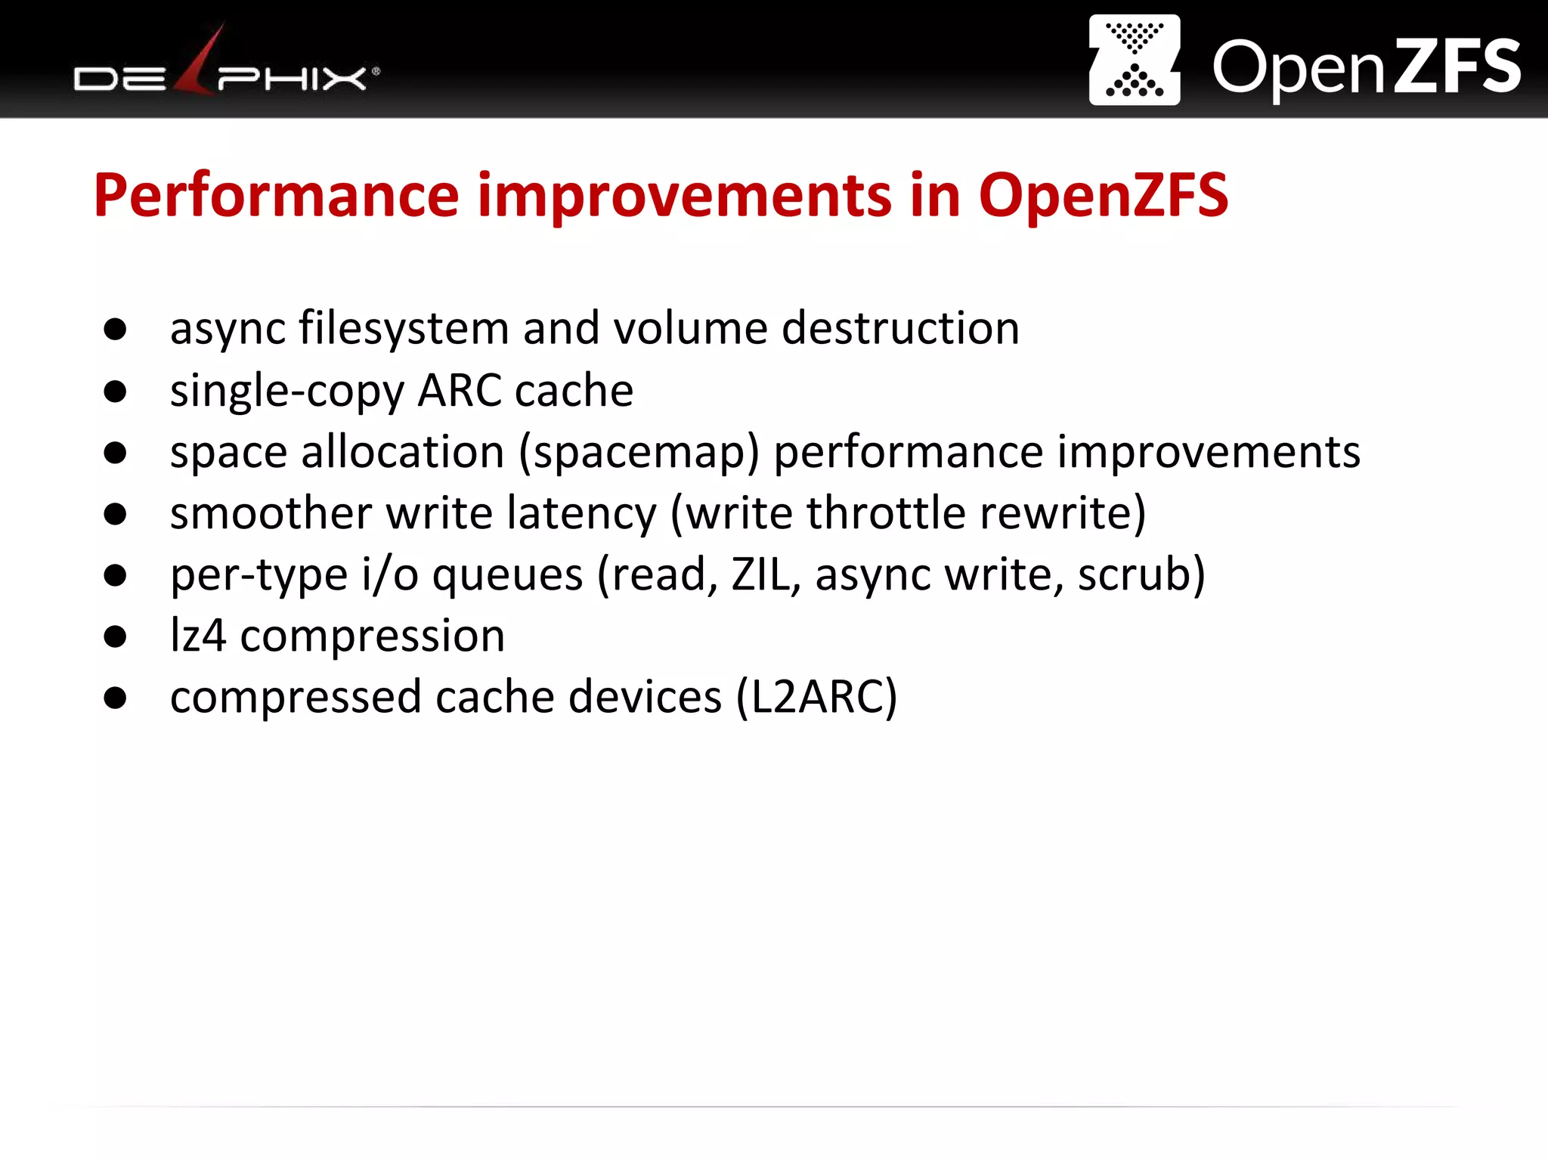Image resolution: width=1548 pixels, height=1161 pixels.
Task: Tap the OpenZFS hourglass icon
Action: (1134, 60)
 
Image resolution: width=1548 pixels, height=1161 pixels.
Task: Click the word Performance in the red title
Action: (276, 196)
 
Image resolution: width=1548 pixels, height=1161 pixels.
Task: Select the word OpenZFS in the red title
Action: (1103, 196)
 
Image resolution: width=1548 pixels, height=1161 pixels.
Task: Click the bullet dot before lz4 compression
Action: (115, 636)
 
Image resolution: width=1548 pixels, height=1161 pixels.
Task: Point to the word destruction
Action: (900, 329)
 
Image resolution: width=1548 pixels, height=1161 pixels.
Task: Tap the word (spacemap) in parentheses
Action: (639, 453)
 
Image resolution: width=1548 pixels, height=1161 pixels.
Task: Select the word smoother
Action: (271, 514)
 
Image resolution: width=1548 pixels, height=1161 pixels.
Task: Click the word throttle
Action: (886, 514)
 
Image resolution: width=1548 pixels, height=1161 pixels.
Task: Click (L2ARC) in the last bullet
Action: (816, 698)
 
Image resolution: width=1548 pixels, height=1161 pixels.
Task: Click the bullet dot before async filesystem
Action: (115, 329)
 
